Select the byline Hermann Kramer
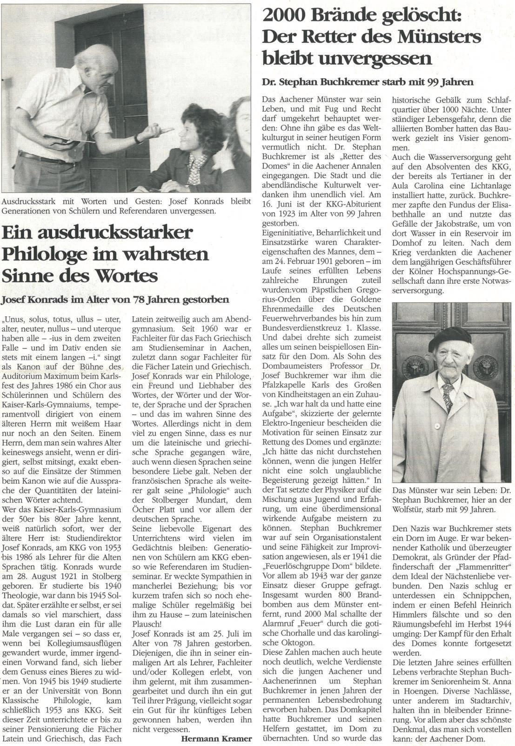click(x=216, y=738)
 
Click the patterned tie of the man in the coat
click(x=448, y=398)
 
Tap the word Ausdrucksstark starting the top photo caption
click(x=28, y=202)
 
